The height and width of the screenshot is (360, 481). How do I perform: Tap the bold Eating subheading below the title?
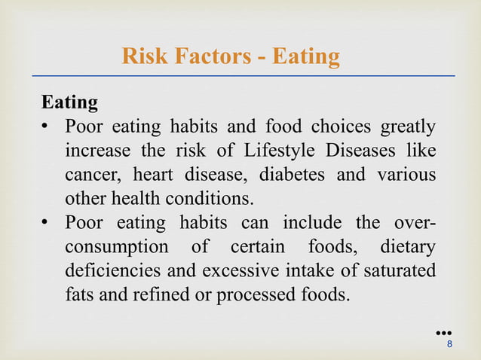(x=69, y=102)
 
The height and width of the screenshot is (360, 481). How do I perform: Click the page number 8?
(x=450, y=344)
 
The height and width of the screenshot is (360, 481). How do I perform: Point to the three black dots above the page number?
(x=443, y=331)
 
